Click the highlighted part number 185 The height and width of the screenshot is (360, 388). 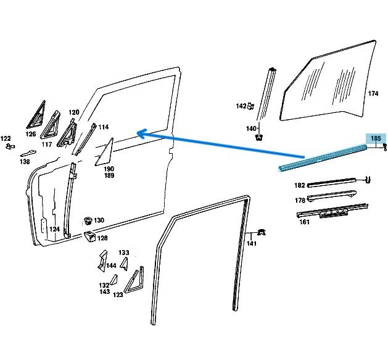376,139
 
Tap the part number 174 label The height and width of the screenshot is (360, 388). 373,94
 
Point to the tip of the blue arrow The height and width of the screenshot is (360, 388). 138,132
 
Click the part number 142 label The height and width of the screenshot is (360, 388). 241,106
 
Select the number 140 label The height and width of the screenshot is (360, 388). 251,128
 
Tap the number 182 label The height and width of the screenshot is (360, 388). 300,185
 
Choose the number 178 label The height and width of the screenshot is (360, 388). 300,200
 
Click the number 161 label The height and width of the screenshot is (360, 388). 304,222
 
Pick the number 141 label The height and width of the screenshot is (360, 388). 252,244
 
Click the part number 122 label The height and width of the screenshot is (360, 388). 6,138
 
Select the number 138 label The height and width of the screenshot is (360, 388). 24,162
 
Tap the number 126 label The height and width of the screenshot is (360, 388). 31,134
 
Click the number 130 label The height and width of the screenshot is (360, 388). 99,220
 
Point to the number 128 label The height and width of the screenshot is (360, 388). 102,238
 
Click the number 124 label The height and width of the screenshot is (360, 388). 55,229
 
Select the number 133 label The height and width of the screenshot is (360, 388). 124,253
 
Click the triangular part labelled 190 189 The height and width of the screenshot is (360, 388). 106,152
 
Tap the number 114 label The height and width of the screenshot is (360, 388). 103,127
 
